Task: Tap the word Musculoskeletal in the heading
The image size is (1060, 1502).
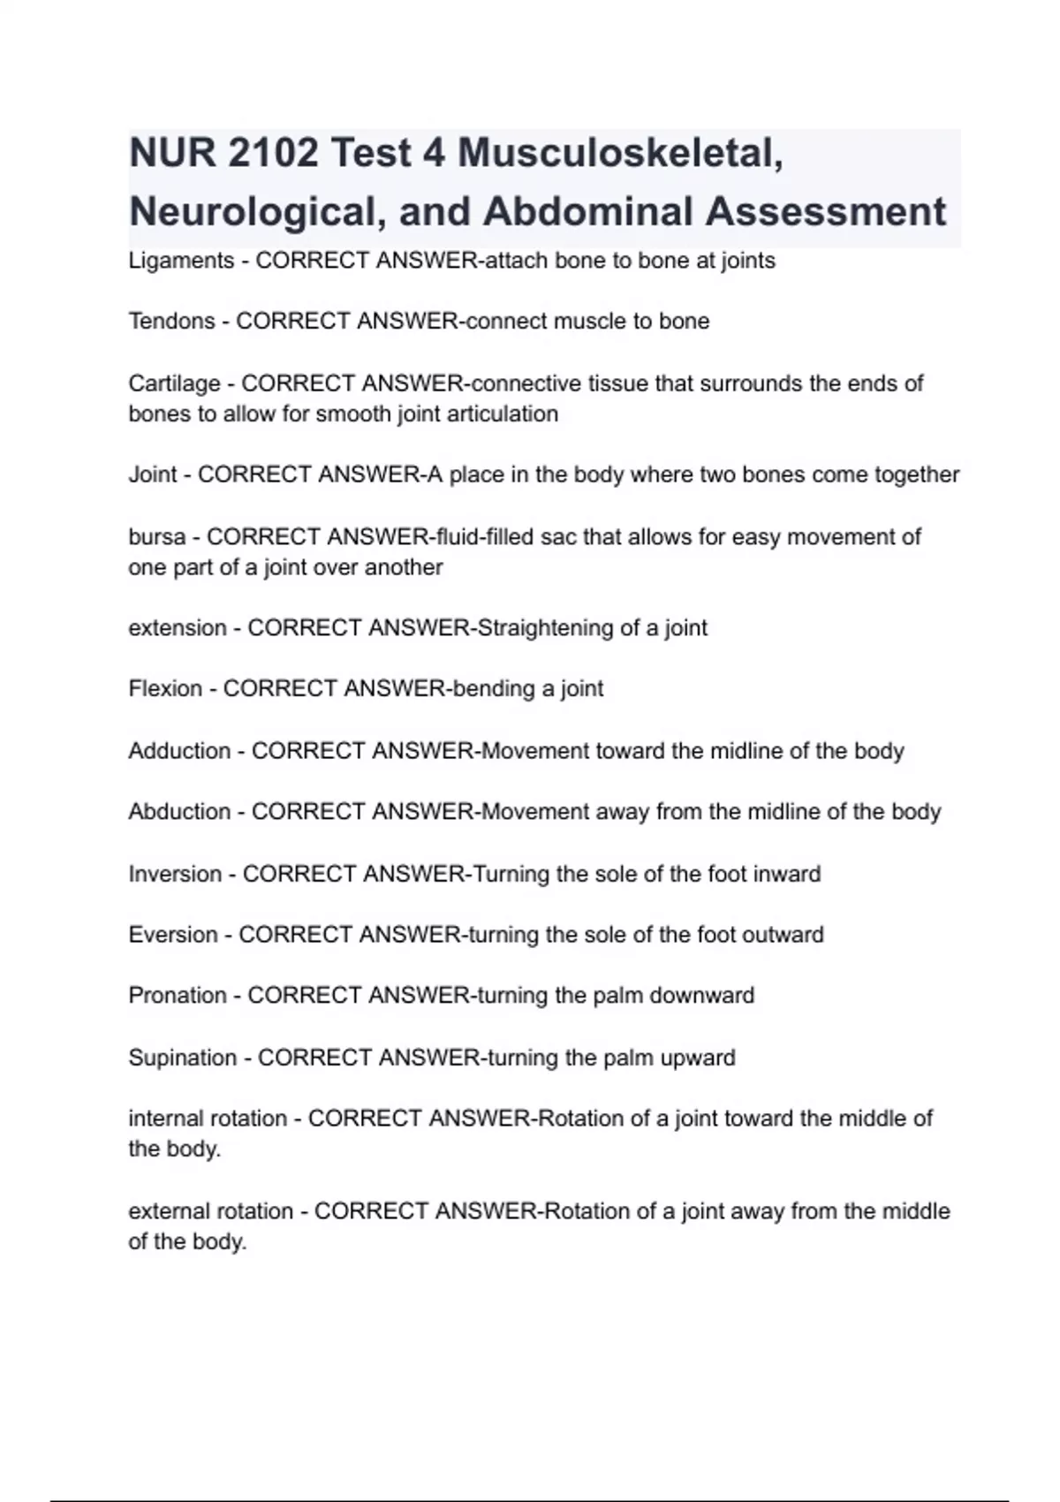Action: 620,154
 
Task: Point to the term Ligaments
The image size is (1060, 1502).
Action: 181,261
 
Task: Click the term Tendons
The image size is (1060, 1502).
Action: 171,321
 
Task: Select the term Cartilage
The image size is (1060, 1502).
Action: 174,383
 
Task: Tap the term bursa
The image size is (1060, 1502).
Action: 157,536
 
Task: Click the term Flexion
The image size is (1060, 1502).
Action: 165,688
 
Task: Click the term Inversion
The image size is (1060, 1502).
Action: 175,874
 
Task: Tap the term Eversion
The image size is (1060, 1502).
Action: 173,934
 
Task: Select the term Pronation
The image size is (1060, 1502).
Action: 178,995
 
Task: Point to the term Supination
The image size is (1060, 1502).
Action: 182,1058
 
